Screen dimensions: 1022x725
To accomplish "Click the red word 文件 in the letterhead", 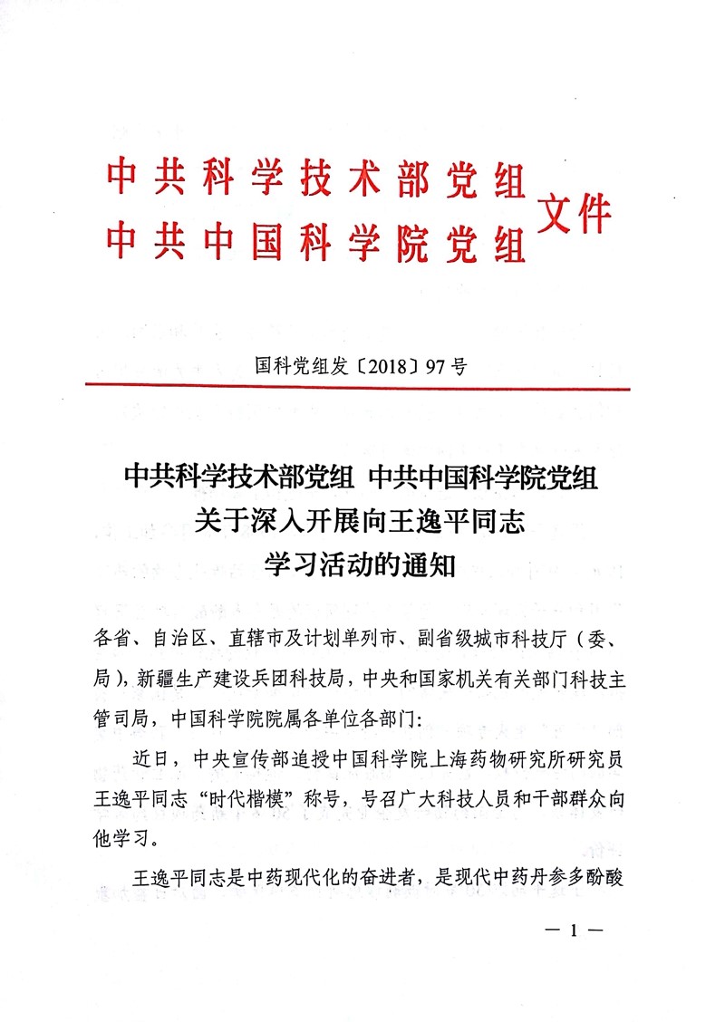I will pos(575,215).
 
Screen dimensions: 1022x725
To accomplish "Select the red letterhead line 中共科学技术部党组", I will pos(316,178).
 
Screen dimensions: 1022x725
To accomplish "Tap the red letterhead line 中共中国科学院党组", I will pos(316,239).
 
